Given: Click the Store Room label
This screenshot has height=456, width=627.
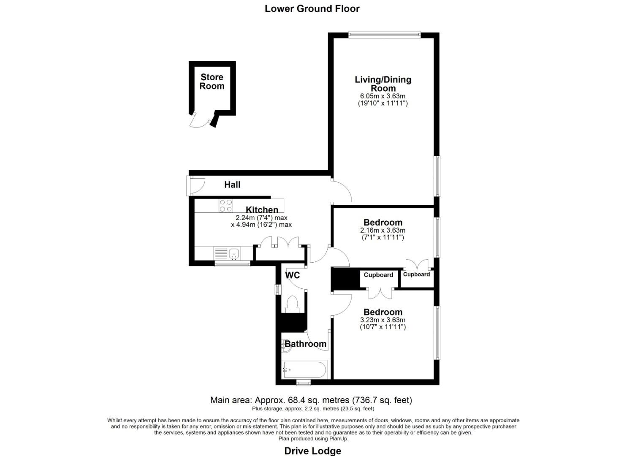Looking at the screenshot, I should (x=212, y=81).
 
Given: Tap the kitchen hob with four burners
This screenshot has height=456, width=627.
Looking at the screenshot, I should (x=225, y=205).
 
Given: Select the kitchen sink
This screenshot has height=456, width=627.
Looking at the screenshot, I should (x=233, y=254).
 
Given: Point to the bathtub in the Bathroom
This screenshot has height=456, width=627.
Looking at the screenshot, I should (x=304, y=370).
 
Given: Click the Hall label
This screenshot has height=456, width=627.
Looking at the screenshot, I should (x=232, y=185).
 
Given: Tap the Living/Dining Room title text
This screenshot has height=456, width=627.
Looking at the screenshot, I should (x=383, y=84).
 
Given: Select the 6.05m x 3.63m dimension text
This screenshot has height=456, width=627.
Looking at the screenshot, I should (x=383, y=96).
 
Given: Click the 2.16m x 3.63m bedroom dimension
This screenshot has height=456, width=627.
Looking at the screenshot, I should (x=383, y=231).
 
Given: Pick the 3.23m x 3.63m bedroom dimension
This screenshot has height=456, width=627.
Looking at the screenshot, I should (x=383, y=320).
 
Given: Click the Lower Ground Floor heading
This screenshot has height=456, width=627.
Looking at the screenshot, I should (x=312, y=8).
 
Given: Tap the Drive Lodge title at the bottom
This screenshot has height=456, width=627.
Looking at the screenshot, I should (x=312, y=451).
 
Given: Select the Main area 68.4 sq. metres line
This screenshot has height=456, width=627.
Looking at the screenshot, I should (x=311, y=400).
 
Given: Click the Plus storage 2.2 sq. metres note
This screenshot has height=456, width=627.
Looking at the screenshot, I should (x=313, y=409).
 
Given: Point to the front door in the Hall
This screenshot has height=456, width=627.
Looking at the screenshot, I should (x=197, y=186).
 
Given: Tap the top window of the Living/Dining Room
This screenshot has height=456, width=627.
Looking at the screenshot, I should (x=384, y=35).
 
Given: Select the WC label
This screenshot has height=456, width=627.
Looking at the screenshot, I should (x=293, y=275).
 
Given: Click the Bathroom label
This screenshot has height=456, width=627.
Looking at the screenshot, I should (x=305, y=344).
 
